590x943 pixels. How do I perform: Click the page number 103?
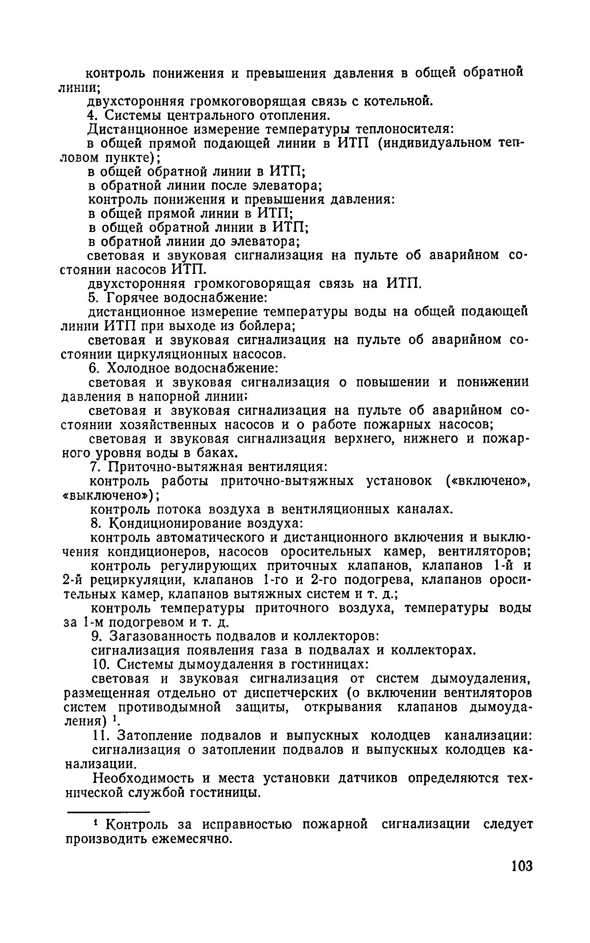522,877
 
